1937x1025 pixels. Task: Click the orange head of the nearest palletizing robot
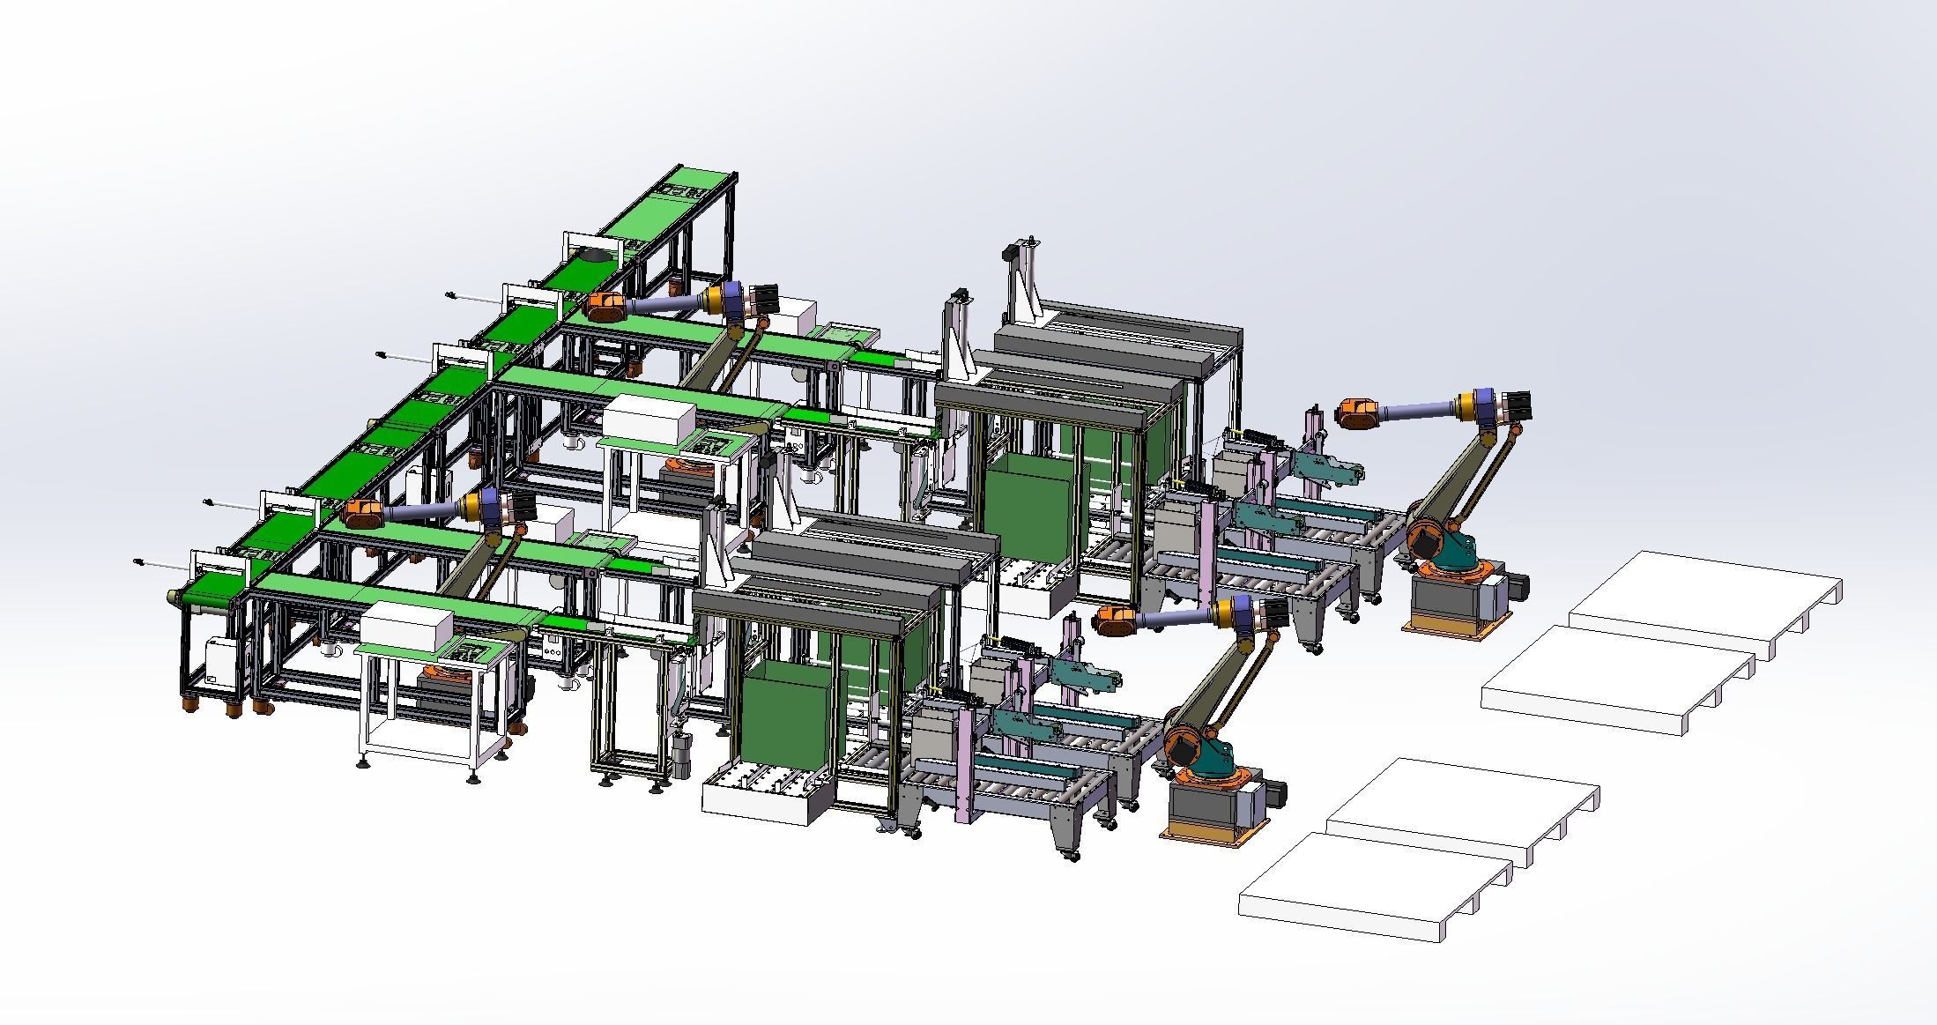(1122, 619)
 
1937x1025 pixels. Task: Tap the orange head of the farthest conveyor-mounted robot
(606, 306)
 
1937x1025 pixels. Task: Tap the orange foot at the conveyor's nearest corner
(189, 705)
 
